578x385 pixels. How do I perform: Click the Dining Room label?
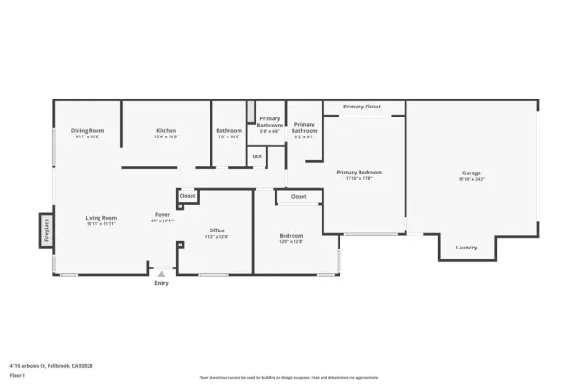(x=88, y=131)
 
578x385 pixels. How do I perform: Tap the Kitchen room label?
(x=166, y=131)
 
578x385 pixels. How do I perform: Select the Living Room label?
(x=101, y=218)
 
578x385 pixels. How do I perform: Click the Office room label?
(x=217, y=230)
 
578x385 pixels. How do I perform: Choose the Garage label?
(x=471, y=173)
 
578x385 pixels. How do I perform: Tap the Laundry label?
(x=466, y=247)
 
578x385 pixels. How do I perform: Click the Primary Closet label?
(x=361, y=107)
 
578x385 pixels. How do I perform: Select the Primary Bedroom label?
(x=359, y=172)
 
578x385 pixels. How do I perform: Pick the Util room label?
(x=257, y=156)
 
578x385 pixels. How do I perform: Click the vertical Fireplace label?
(x=45, y=230)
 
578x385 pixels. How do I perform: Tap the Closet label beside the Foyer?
(x=187, y=195)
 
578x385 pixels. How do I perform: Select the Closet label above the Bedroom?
(x=298, y=196)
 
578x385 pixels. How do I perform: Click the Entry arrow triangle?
(x=162, y=273)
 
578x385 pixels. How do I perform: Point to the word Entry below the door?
(x=162, y=283)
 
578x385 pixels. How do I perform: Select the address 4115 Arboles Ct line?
(x=51, y=366)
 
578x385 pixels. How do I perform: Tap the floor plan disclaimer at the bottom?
(x=288, y=378)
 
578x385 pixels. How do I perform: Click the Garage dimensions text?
(x=471, y=179)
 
